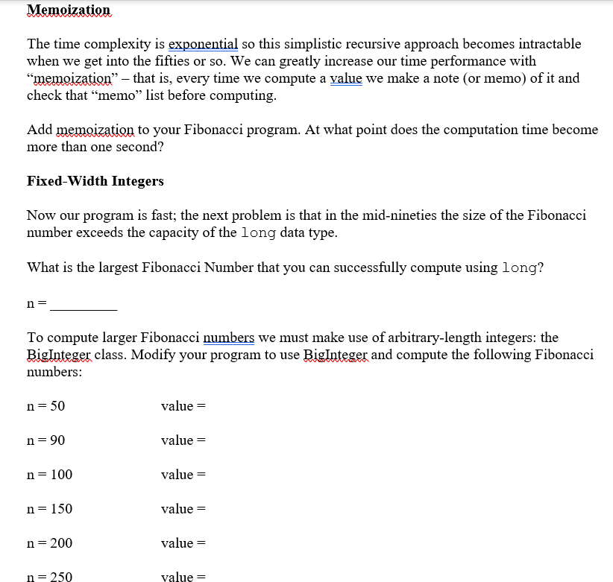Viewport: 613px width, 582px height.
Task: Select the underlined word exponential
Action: point(204,45)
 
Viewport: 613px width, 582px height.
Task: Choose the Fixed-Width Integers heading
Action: point(95,181)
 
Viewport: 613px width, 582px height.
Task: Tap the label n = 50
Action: point(46,406)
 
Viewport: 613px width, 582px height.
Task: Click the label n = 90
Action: point(46,440)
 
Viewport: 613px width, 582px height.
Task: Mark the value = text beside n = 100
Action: point(183,475)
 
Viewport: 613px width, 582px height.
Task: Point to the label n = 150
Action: point(50,509)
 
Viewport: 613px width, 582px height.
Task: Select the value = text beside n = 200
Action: point(183,543)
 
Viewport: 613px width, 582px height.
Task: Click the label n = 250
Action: point(50,577)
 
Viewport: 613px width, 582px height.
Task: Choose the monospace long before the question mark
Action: point(519,268)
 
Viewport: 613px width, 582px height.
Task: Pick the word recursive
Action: point(356,45)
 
